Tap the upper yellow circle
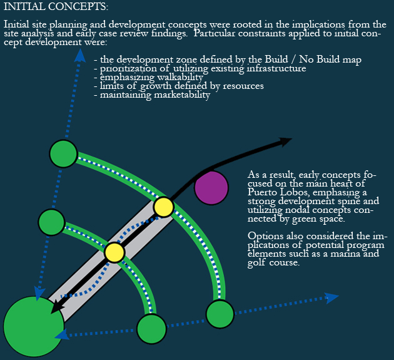[x=163, y=207]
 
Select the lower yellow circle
[x=114, y=252]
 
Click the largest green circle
[x=33, y=326]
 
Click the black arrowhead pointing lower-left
[x=58, y=306]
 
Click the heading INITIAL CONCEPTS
[x=56, y=7]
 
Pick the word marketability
[x=179, y=95]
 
